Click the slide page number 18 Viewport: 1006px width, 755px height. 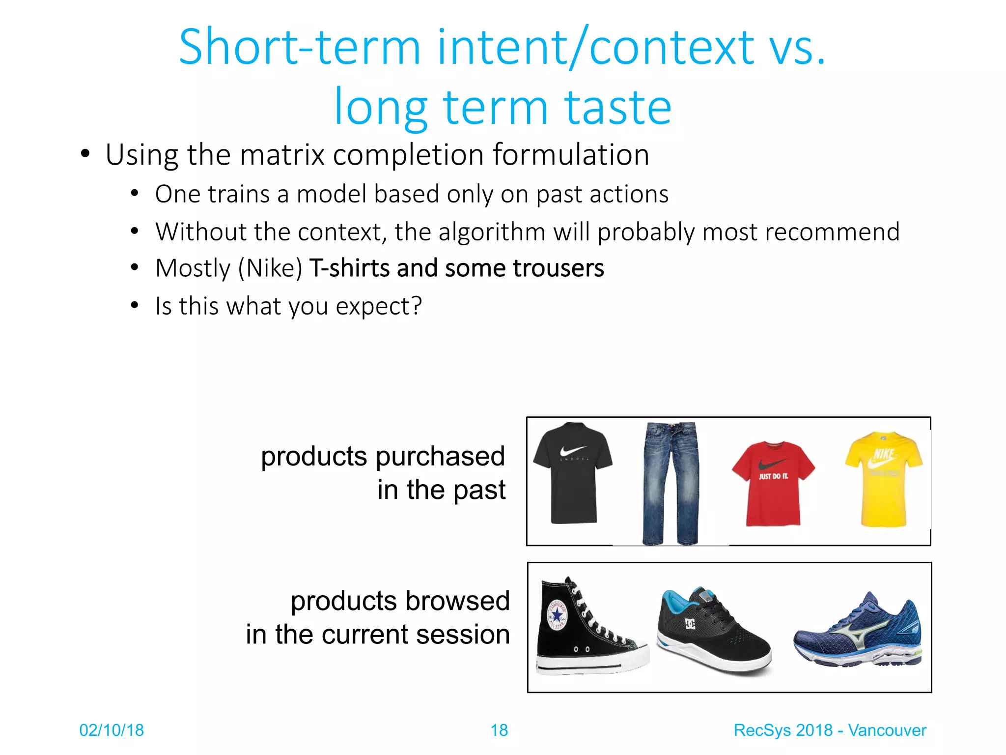[x=499, y=730]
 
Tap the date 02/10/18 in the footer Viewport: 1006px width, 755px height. [x=112, y=730]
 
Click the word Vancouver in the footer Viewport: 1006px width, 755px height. [x=887, y=730]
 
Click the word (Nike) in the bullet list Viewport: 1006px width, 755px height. [x=270, y=268]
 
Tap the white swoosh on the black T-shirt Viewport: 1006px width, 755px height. [x=573, y=450]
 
